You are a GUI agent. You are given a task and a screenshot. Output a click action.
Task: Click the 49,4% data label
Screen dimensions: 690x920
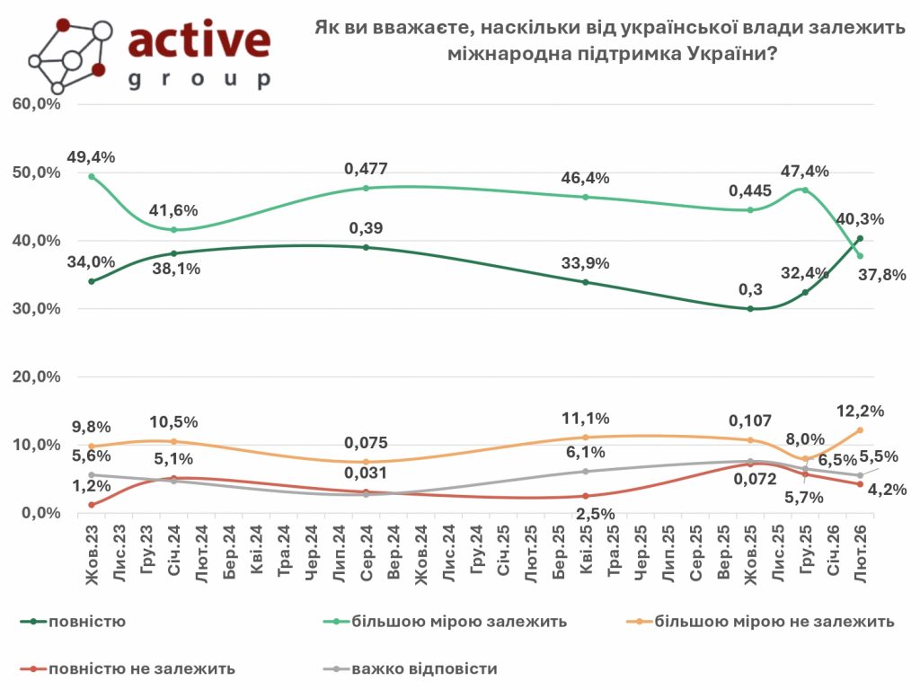coord(91,157)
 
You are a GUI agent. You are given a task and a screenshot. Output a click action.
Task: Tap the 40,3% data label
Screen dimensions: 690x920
coord(861,218)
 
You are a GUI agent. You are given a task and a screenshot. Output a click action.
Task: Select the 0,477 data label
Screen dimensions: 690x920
coord(366,169)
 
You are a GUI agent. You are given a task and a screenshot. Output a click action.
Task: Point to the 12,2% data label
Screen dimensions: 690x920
coord(861,411)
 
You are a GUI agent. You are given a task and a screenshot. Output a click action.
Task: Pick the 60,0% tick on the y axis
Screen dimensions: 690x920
coord(37,104)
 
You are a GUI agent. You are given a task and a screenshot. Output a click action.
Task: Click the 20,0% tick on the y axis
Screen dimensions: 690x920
coord(37,376)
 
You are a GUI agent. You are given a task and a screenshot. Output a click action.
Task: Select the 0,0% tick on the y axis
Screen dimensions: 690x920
coord(40,513)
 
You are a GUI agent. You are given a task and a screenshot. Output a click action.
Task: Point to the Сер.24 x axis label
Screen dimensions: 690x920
coord(366,550)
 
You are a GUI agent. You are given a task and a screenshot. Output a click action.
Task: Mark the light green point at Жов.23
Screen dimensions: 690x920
coord(92,176)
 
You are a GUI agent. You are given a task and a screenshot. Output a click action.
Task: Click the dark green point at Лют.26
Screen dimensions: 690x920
coord(860,238)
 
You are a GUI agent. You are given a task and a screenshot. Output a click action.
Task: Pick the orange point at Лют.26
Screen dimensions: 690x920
coord(860,429)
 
